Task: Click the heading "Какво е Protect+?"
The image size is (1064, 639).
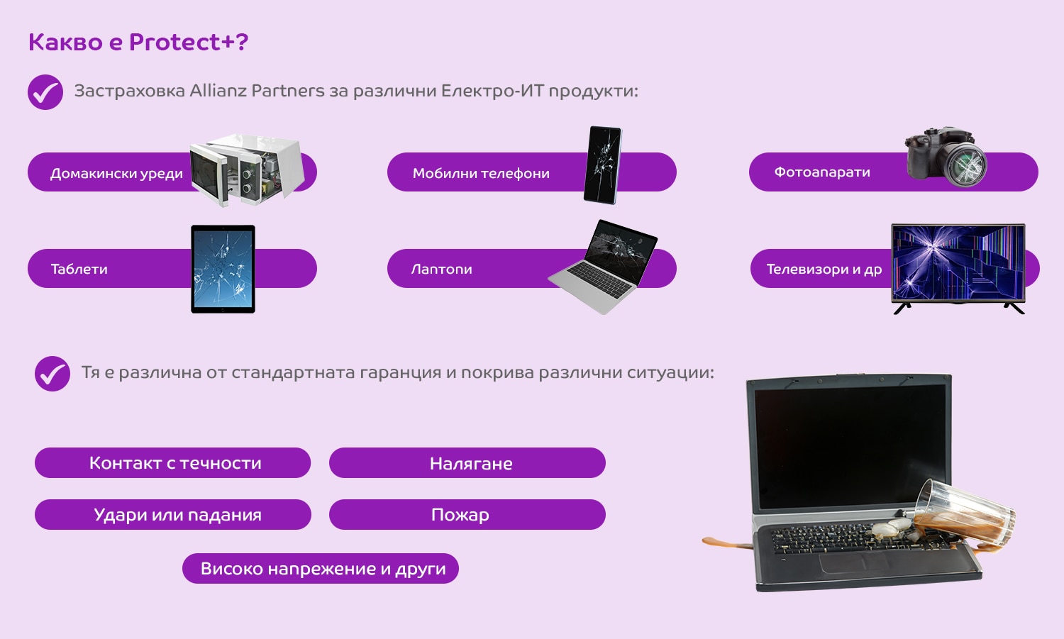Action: point(138,42)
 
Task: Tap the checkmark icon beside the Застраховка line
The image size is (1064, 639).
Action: point(45,92)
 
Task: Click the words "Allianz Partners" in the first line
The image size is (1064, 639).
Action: point(257,90)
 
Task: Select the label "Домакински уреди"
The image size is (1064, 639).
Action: point(116,174)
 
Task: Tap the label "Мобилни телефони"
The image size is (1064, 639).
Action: point(481,174)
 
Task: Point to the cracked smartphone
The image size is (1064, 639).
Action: point(602,165)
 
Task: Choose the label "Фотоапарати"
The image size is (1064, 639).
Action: point(821,172)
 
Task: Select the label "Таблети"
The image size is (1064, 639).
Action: point(79,270)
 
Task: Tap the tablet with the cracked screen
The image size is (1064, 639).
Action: point(223,269)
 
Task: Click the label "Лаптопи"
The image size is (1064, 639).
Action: point(441,270)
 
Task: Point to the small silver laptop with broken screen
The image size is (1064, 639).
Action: point(602,267)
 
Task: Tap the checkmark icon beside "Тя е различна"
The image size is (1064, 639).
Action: point(52,374)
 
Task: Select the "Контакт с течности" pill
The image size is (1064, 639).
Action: point(173,462)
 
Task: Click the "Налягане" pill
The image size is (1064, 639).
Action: point(467,462)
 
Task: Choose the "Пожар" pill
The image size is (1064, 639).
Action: point(467,514)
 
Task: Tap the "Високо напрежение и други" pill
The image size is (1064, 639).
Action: point(321,568)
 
